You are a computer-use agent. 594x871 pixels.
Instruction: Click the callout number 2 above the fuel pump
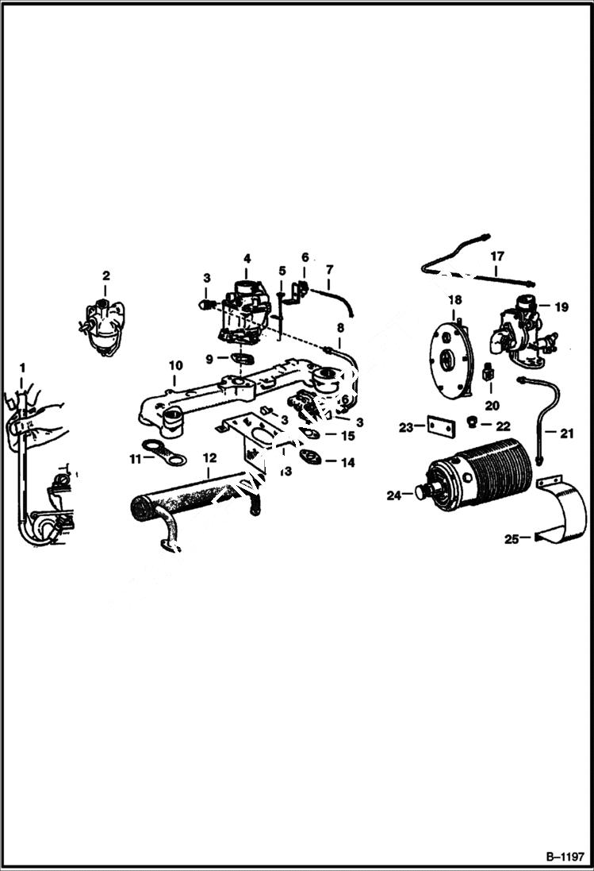tap(105, 276)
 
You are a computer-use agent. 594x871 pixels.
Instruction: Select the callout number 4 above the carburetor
tap(247, 258)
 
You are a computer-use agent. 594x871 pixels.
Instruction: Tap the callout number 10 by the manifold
tap(175, 365)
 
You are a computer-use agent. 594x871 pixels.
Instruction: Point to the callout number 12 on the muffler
tap(209, 457)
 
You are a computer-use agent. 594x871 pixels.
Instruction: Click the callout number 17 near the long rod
tap(496, 256)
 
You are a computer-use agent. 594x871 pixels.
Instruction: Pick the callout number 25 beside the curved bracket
tap(512, 539)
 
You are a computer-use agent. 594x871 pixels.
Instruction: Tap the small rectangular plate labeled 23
tap(439, 426)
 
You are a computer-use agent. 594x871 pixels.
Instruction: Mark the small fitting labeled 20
tap(489, 370)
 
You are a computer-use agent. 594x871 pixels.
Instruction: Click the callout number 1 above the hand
tap(22, 368)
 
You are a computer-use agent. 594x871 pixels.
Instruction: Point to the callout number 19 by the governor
tap(561, 307)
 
